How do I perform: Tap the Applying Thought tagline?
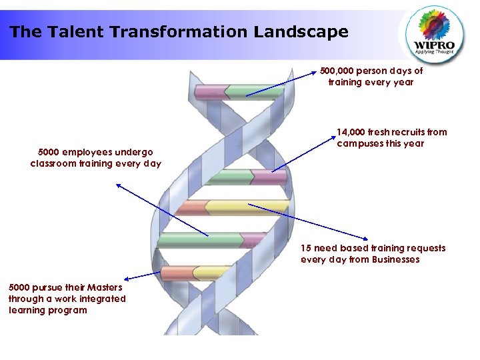[434, 53]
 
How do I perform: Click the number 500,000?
[337, 71]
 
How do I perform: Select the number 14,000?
[351, 132]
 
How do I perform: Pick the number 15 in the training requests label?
[306, 248]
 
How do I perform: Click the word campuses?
[360, 143]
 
